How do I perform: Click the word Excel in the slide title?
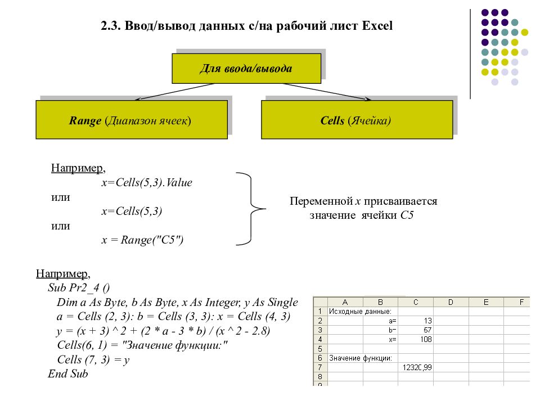click(377, 26)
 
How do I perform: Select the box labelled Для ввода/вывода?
click(246, 68)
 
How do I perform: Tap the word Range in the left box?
click(85, 121)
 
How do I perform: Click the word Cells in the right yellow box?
click(332, 120)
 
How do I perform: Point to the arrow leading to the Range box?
click(174, 92)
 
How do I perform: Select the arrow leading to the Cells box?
click(327, 92)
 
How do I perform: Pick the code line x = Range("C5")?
click(142, 240)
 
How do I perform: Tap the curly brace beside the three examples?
click(251, 209)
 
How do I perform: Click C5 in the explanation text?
click(407, 215)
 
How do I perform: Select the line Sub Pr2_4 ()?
click(79, 287)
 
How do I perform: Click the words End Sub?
click(68, 373)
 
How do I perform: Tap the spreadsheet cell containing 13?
click(415, 321)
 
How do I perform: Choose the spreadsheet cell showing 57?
click(415, 330)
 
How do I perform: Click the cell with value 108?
click(415, 339)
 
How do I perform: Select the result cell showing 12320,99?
click(415, 367)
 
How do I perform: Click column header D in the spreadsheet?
click(451, 302)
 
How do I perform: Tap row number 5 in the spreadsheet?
click(320, 349)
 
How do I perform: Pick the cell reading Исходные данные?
click(360, 311)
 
